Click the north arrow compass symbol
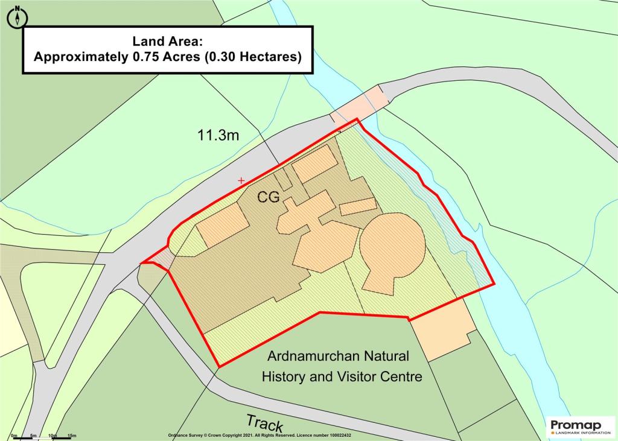point(18,17)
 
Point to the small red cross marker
point(241,180)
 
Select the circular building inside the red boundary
point(391,248)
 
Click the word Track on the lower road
point(265,424)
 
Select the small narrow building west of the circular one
point(358,206)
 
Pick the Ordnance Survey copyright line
point(259,435)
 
